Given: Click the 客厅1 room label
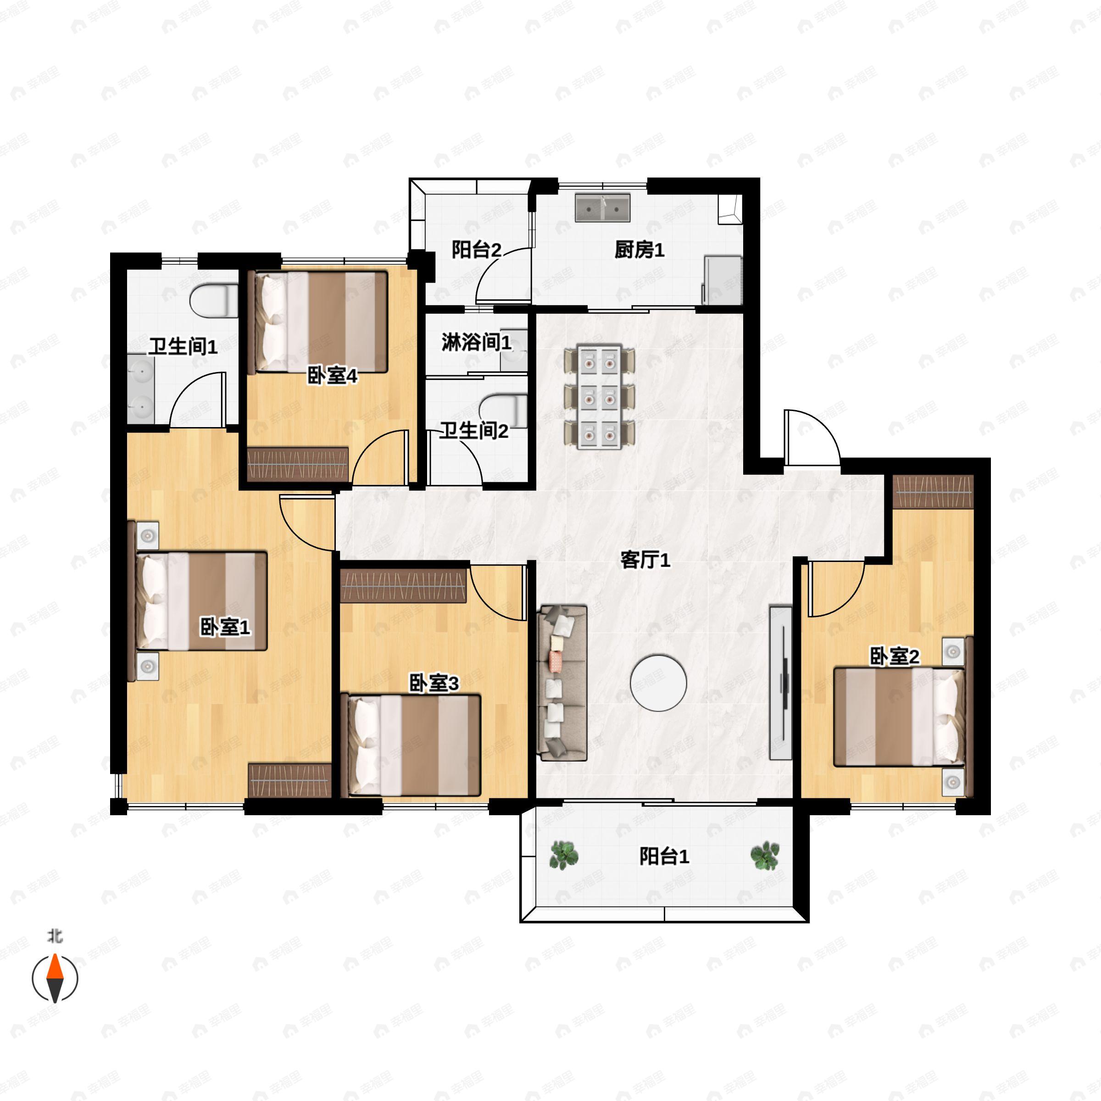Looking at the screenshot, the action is click(x=645, y=560).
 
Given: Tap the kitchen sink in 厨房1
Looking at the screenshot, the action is click(x=602, y=207).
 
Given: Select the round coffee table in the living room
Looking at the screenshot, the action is click(x=658, y=682).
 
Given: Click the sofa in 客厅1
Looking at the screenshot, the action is click(x=562, y=683).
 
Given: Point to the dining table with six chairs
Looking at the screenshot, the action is click(x=599, y=395).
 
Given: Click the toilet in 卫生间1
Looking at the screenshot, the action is click(x=214, y=301).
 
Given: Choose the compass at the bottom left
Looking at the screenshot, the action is click(x=55, y=979).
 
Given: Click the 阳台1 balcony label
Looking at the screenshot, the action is click(x=664, y=856).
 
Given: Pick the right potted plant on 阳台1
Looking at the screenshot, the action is click(x=765, y=856).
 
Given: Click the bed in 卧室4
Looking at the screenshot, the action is click(x=321, y=322).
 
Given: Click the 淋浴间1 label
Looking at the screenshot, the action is click(x=477, y=343).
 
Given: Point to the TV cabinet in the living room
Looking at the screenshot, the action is click(x=781, y=682).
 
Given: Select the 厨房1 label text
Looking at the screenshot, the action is click(x=639, y=250).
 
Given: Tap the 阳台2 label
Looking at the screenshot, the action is click(x=477, y=250).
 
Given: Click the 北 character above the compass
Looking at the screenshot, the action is click(x=55, y=936).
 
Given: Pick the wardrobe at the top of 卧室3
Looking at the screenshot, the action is click(x=404, y=585).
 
